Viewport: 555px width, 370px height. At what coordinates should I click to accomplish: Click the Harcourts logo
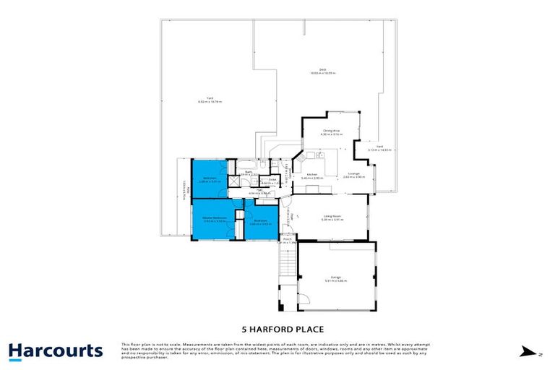tap(56, 351)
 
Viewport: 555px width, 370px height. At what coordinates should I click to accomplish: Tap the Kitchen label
tap(313, 175)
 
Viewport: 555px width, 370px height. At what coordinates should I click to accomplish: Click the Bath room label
tap(248, 172)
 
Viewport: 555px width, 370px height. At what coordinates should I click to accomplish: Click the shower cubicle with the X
tap(233, 180)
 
